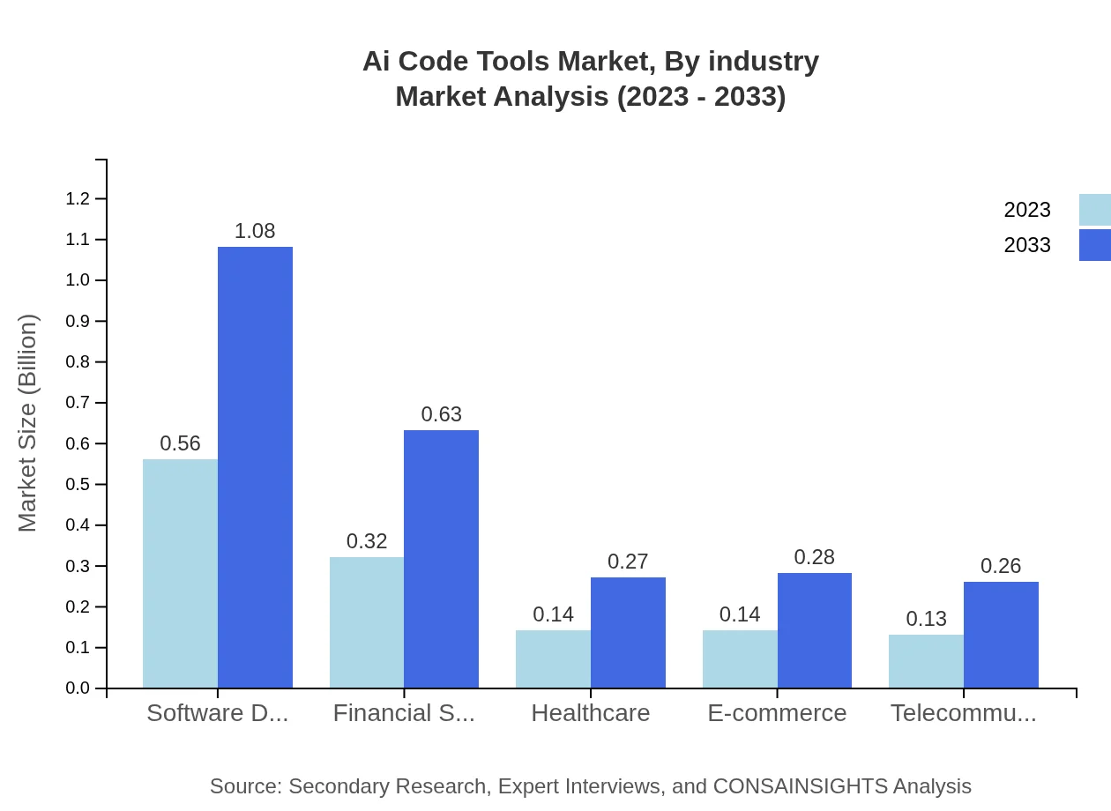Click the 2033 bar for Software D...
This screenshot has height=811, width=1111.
[255, 467]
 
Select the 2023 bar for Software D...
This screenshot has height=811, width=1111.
[180, 573]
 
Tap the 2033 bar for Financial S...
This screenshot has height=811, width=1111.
[441, 559]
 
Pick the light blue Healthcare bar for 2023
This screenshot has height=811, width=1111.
[553, 658]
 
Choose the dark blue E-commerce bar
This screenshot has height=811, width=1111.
[814, 630]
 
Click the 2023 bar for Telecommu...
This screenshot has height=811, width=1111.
[926, 661]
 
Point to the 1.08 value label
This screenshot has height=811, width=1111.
[255, 231]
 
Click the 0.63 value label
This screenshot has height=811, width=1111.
[441, 414]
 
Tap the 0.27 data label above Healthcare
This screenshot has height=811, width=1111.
[628, 562]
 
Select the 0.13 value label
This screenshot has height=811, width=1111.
[926, 619]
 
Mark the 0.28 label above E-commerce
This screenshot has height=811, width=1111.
[814, 557]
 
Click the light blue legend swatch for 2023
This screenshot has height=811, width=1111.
[1094, 210]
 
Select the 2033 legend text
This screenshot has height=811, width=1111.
[1027, 245]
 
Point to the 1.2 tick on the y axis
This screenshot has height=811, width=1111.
[78, 199]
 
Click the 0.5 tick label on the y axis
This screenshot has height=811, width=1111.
[78, 485]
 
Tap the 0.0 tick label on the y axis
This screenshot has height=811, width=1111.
[78, 688]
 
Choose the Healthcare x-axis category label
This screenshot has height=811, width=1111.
[591, 713]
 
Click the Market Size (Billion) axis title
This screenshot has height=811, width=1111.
[28, 423]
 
